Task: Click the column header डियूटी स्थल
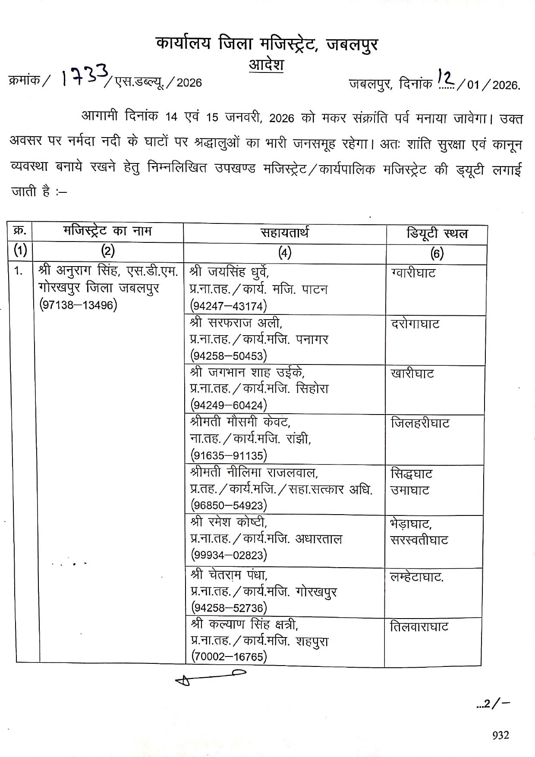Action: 437,234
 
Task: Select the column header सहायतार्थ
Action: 284,233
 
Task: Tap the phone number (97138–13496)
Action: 78,305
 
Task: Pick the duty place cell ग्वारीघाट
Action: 413,273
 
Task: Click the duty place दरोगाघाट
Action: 415,324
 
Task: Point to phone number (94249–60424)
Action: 229,405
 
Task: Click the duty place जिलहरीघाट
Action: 420,423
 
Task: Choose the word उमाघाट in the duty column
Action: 410,490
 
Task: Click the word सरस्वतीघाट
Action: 419,540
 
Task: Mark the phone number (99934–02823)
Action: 229,555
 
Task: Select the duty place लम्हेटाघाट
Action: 416,577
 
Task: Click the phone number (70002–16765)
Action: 229,657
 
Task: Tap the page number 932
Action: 500,735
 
